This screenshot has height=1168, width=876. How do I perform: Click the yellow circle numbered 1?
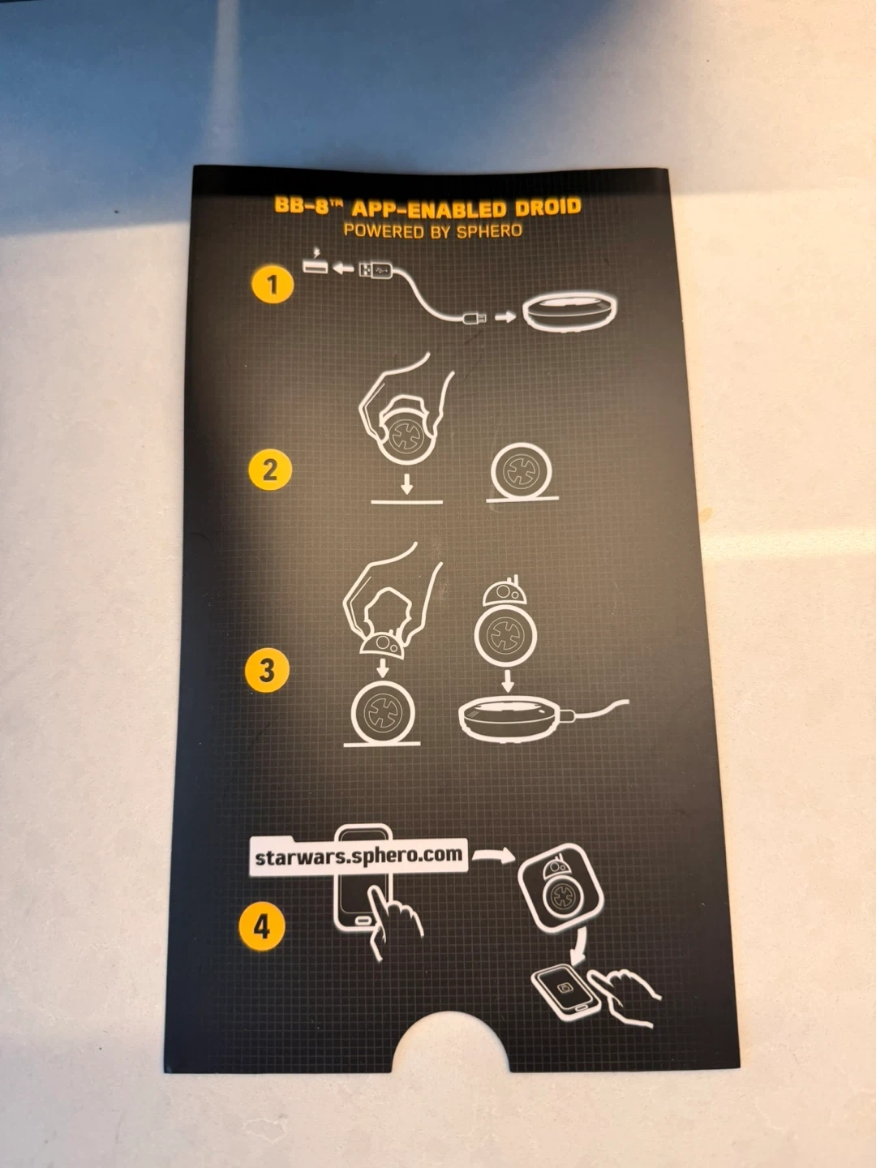click(x=273, y=285)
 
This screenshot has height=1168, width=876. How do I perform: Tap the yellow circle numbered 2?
click(x=270, y=470)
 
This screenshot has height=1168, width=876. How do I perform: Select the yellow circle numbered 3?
click(x=267, y=670)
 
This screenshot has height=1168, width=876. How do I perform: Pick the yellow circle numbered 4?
click(x=262, y=927)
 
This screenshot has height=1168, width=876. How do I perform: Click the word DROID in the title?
click(x=547, y=208)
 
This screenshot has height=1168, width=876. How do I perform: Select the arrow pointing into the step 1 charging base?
click(x=505, y=317)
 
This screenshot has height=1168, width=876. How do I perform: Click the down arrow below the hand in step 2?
click(x=407, y=483)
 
